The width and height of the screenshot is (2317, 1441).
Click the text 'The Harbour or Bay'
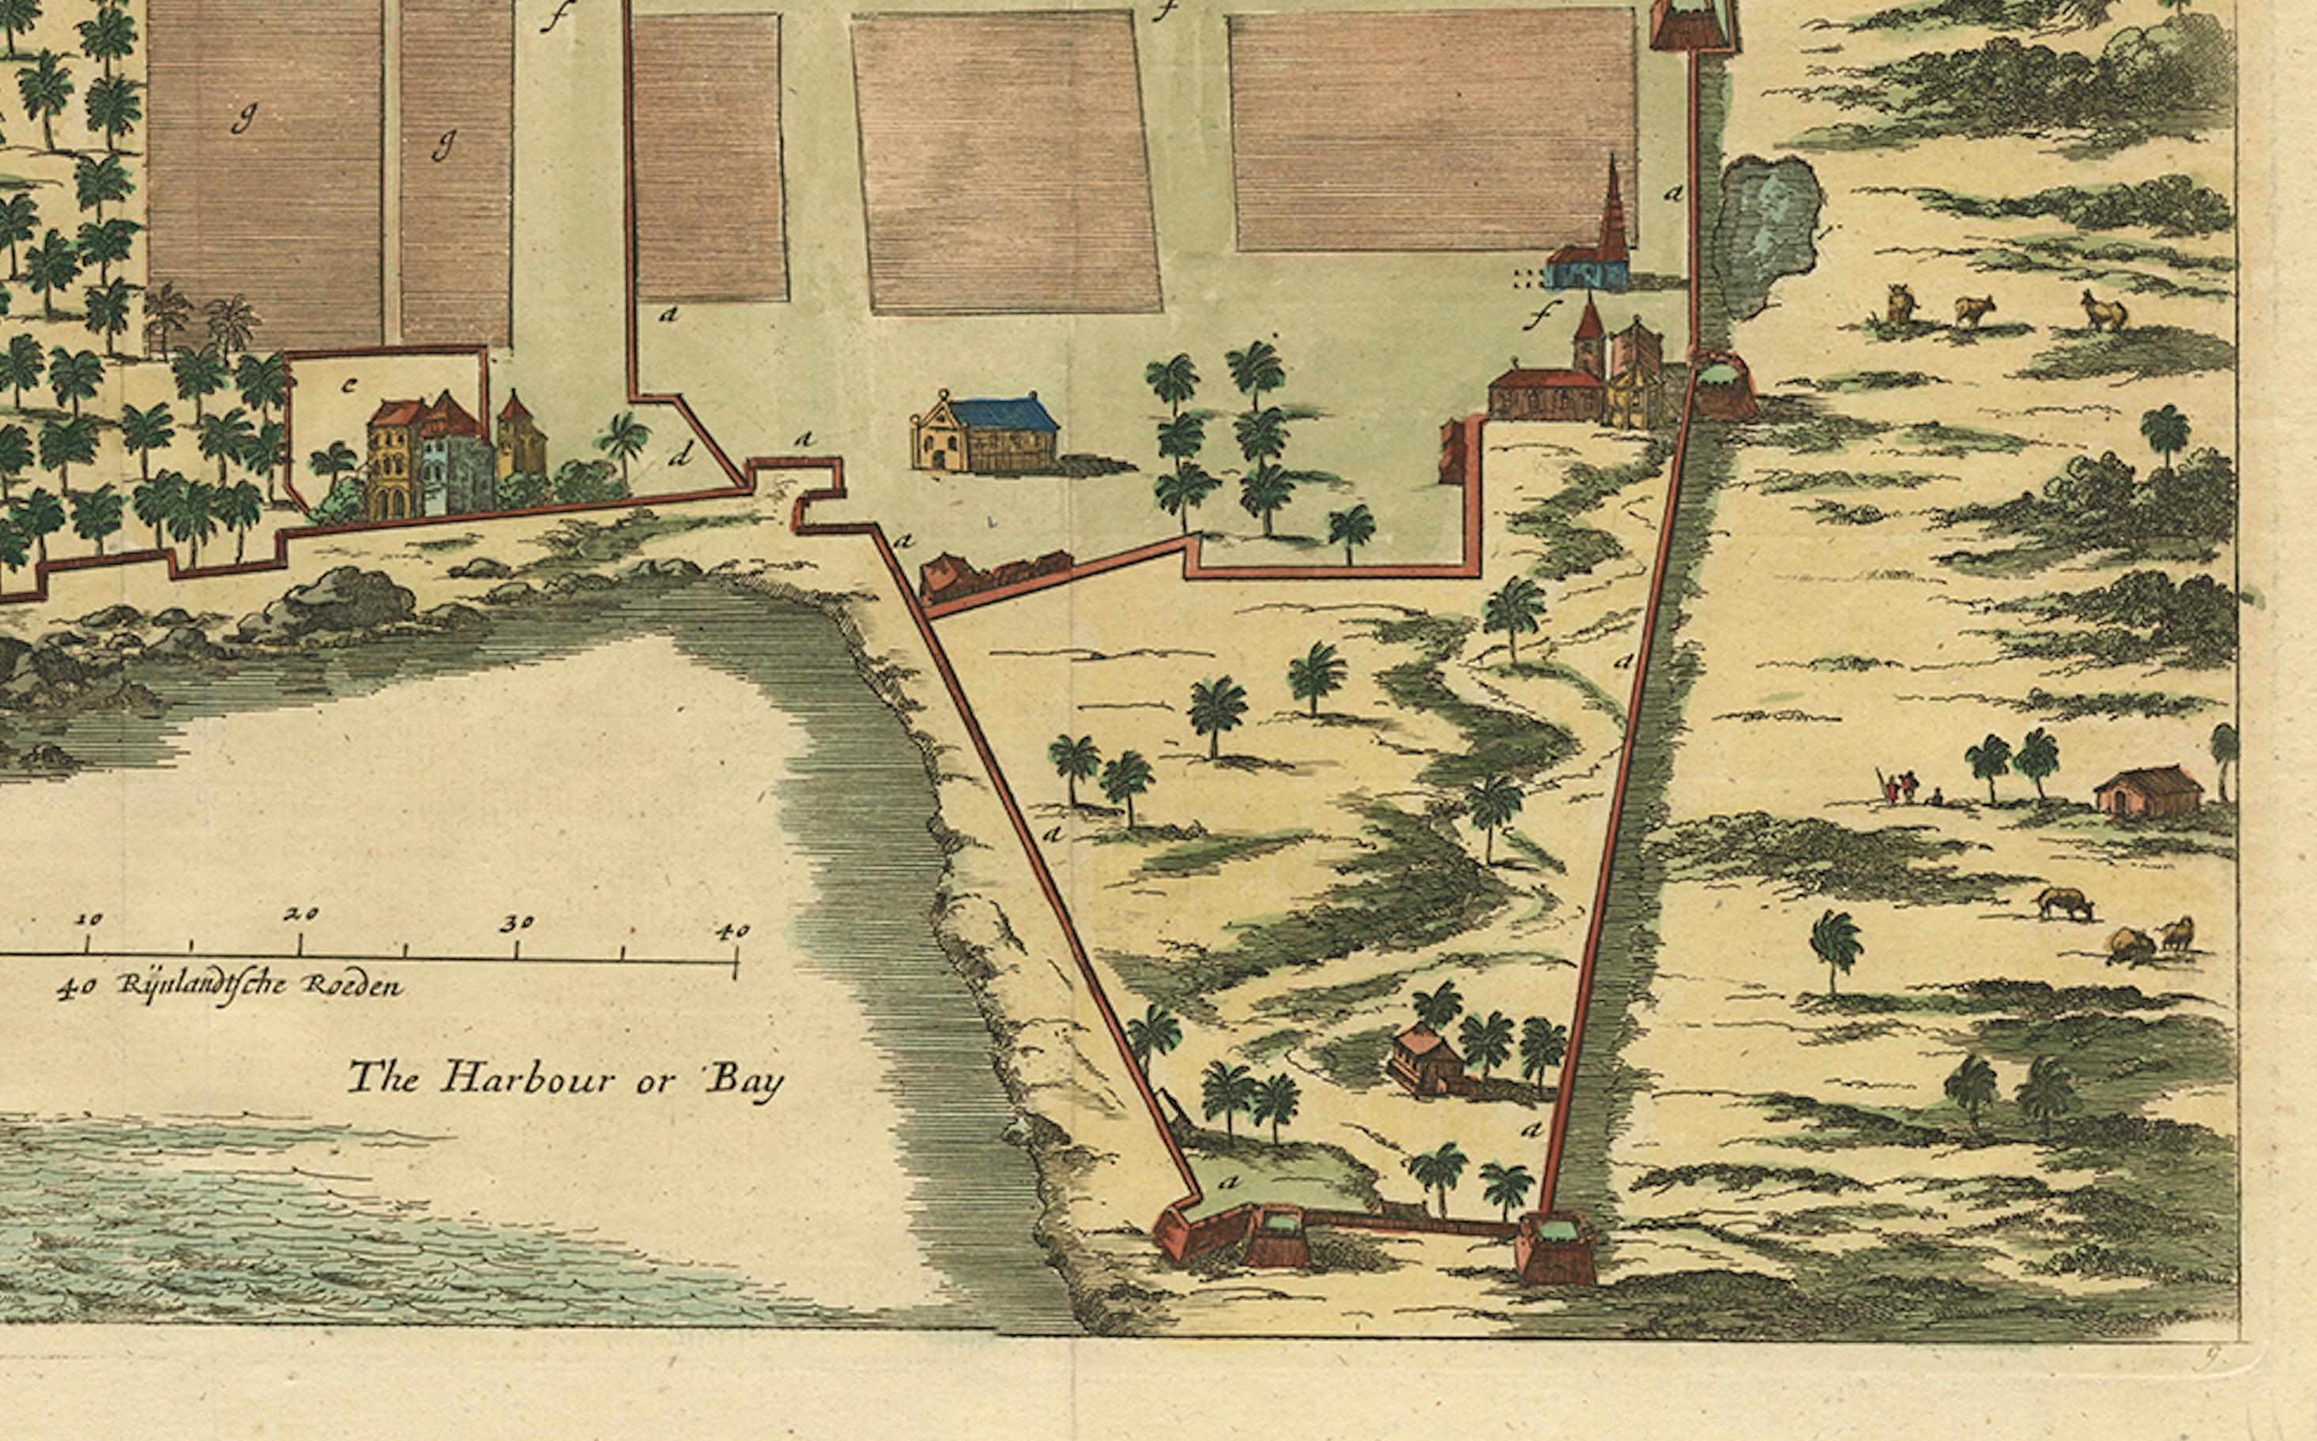565,1080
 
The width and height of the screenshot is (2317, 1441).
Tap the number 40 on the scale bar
731,931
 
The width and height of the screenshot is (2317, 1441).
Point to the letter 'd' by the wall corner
680,457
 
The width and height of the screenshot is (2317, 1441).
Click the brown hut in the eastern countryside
2147,792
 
